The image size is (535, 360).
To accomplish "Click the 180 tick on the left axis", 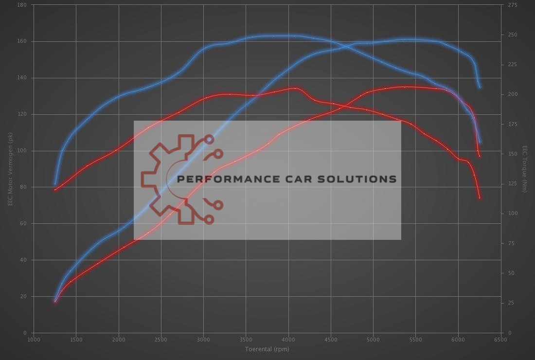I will [x=22, y=5].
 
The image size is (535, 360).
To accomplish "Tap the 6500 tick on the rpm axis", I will [x=500, y=340].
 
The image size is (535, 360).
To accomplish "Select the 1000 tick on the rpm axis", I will [x=34, y=340].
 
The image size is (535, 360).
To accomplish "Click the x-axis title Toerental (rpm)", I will [x=267, y=349].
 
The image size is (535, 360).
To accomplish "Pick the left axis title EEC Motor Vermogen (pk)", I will [x=10, y=169].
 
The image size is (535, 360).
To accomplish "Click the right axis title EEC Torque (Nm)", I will [x=525, y=169].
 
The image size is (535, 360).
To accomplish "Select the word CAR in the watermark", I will [x=301, y=179].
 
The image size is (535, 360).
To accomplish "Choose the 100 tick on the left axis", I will [x=22, y=151].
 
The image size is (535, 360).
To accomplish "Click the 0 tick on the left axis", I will [x=25, y=333].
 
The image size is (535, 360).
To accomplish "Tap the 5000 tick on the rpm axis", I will [x=373, y=340].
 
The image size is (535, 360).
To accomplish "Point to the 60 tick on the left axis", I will [x=23, y=223].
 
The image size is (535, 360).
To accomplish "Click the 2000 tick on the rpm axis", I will [x=119, y=340].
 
